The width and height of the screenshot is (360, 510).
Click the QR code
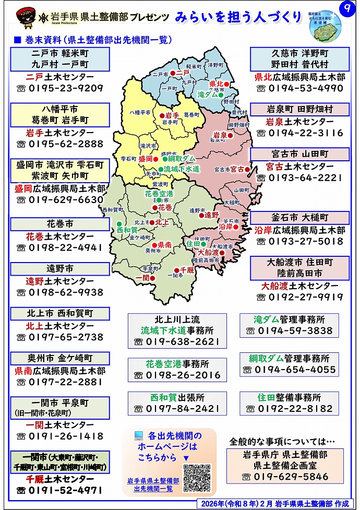click(197, 478)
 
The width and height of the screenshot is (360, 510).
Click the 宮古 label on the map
click(237, 169)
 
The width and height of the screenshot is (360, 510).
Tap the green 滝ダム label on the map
click(208, 95)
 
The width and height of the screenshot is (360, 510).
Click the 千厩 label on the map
click(187, 270)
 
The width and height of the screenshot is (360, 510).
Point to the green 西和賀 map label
click(127, 230)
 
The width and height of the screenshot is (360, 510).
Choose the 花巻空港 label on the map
click(159, 194)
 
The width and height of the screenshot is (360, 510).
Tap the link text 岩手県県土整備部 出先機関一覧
click(153, 484)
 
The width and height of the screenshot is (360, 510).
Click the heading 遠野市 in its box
click(60, 269)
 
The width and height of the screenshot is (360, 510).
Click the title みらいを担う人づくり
click(239, 17)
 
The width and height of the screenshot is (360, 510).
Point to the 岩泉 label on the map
click(219, 135)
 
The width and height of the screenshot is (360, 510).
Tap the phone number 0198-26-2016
click(177, 375)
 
